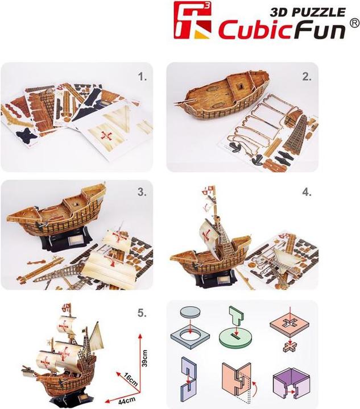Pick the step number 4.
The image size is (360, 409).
point(307,193)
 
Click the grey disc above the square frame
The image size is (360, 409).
point(192,314)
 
